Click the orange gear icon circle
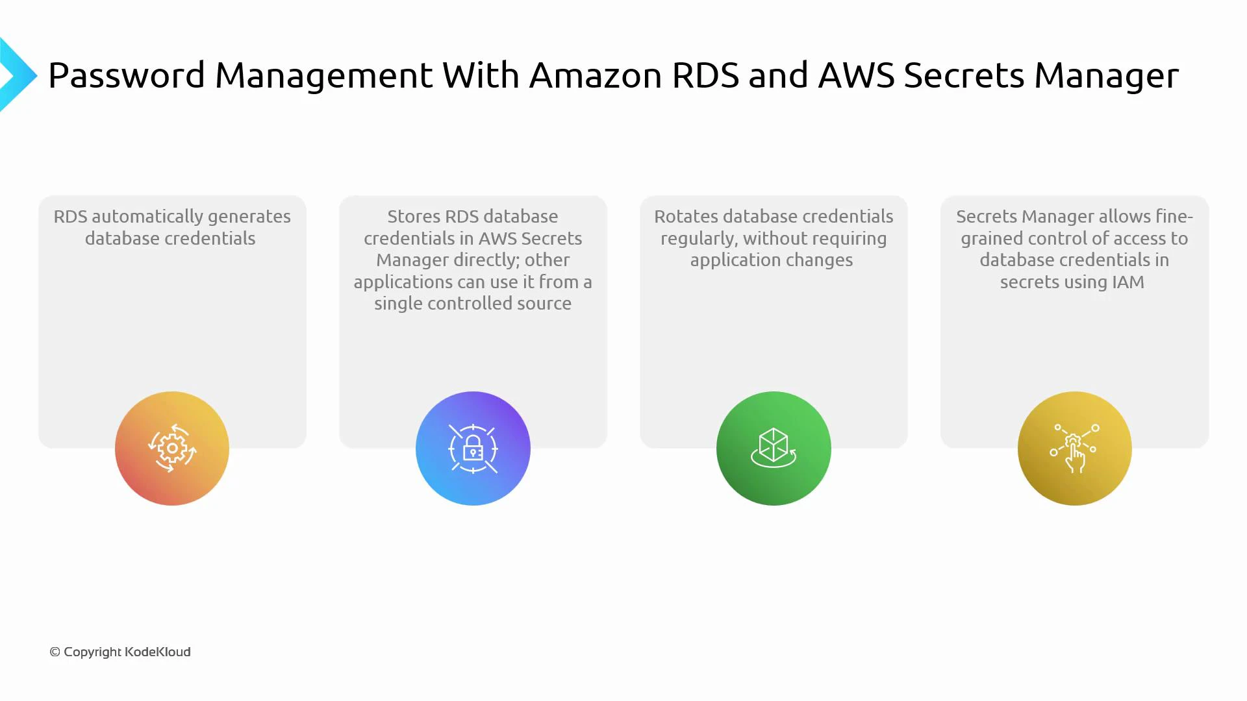click(172, 449)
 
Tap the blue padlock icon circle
click(473, 449)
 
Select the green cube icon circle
click(774, 449)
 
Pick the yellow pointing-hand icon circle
click(1074, 449)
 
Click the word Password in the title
click(127, 75)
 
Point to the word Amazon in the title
click(595, 75)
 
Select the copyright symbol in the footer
click(55, 652)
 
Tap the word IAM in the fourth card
click(1128, 282)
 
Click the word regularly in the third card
click(699, 239)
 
